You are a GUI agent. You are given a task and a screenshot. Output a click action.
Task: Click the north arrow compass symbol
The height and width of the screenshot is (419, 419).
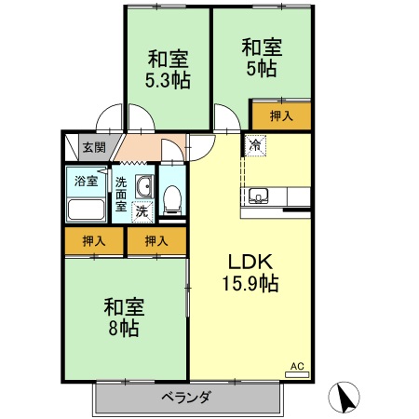coord(344,397)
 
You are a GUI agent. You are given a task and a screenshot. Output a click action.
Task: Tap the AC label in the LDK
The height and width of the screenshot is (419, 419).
coord(297,366)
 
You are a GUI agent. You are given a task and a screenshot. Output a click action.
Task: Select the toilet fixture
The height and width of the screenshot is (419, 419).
coord(172,199)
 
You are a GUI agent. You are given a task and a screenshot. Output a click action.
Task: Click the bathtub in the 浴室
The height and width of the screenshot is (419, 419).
coord(86,209)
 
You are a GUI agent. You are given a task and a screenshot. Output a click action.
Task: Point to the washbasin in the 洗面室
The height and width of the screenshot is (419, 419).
coord(144,186)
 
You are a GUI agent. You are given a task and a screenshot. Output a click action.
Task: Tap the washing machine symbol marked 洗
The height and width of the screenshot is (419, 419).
coord(142,211)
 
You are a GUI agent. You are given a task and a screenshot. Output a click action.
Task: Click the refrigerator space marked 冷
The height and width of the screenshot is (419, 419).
coord(255,145)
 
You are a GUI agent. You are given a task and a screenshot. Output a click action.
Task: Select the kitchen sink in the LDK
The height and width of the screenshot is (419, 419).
coord(259,196)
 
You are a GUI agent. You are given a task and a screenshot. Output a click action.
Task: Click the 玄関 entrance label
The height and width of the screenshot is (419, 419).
coord(94,147)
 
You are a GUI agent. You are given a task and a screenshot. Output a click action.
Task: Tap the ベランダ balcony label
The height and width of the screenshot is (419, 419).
coord(187,397)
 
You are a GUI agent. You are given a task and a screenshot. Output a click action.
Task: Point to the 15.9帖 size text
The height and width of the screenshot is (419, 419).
coord(250,283)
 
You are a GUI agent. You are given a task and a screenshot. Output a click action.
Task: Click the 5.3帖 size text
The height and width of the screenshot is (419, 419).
coord(168,80)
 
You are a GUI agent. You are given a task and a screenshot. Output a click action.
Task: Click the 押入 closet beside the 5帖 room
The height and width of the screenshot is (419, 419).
coord(281,116)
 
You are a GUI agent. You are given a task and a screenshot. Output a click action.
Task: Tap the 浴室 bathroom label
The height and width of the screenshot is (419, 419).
coord(86,181)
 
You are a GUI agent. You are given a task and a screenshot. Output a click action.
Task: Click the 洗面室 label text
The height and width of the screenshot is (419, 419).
coord(121,195)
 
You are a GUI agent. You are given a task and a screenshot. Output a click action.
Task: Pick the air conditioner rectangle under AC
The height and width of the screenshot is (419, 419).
coord(297,374)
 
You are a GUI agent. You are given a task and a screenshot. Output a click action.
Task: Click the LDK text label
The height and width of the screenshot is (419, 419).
coord(250,262)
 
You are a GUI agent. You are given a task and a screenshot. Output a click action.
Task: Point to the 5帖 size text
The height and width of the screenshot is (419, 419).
coord(262,69)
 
